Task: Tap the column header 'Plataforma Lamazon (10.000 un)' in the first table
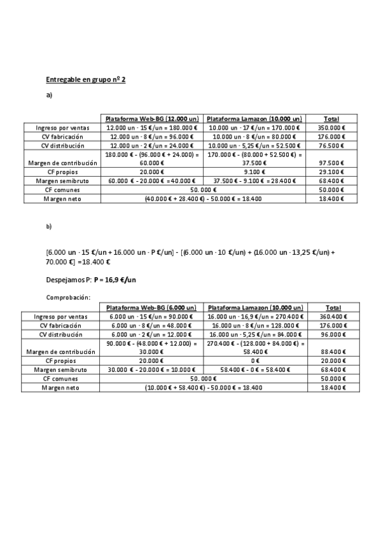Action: click(x=254, y=119)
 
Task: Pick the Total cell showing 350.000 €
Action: click(x=331, y=128)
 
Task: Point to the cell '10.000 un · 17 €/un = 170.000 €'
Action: click(x=254, y=128)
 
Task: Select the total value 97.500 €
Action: click(x=333, y=163)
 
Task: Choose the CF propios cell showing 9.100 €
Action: click(x=254, y=172)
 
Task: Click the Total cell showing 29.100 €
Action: click(x=333, y=172)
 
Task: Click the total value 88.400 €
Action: click(x=333, y=351)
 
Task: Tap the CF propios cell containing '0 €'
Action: click(x=254, y=360)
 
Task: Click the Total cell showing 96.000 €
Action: click(x=333, y=334)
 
